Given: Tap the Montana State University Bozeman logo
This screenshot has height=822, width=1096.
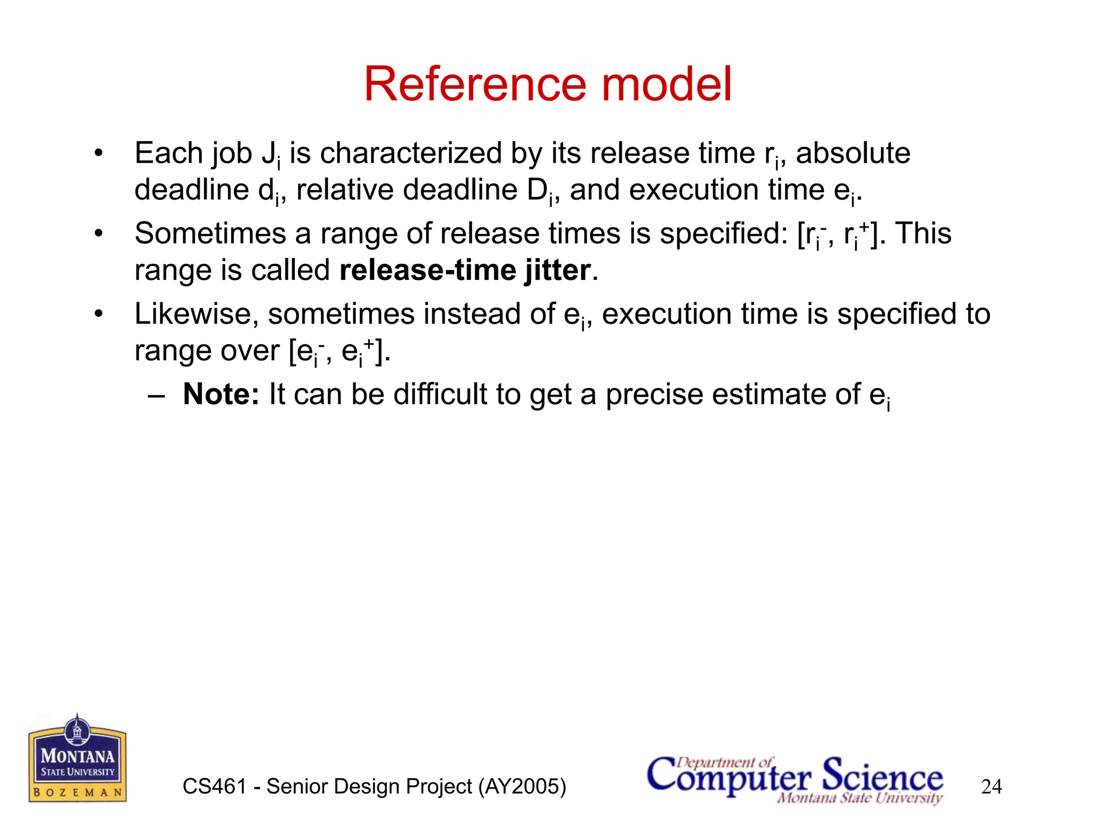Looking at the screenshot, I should [78, 759].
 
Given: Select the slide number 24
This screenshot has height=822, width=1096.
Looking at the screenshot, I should [991, 787].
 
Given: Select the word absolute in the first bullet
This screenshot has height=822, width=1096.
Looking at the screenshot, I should [853, 154].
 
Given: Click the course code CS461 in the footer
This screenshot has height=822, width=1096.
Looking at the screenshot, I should [214, 787].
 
